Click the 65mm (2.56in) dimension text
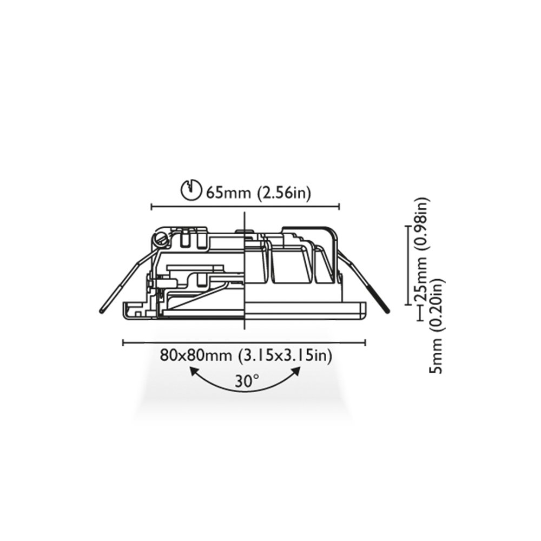(259, 192)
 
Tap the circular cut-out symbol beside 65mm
(191, 189)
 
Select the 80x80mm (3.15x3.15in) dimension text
(246, 355)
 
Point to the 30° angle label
(247, 381)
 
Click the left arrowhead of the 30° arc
(194, 372)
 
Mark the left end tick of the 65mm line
(152, 207)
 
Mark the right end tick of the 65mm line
(339, 207)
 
